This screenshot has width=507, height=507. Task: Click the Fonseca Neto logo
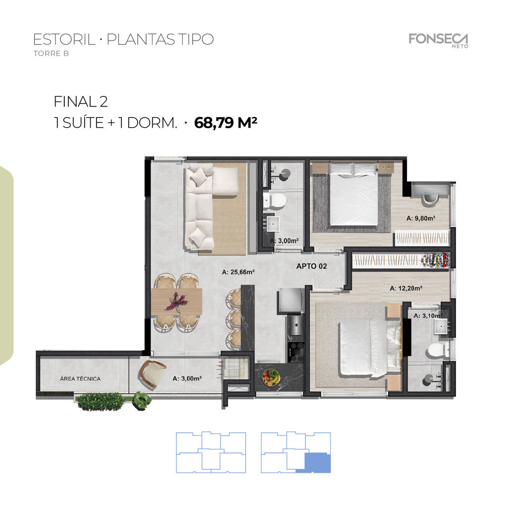click(x=439, y=41)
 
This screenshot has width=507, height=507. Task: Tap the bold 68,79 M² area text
click(x=225, y=123)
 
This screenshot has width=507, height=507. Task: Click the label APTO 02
click(x=311, y=266)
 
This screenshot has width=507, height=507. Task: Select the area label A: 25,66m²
click(x=238, y=272)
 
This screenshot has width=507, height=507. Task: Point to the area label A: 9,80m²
click(x=421, y=218)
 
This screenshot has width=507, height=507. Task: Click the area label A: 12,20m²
click(x=406, y=288)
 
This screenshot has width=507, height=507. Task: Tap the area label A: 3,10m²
click(x=427, y=315)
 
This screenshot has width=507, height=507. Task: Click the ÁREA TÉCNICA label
click(x=80, y=379)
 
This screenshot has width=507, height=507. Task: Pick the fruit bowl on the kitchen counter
click(x=271, y=377)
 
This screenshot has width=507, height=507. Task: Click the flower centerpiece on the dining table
click(x=176, y=302)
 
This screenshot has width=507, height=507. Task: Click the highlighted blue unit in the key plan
click(x=317, y=463)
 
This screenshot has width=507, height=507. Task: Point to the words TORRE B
click(x=51, y=53)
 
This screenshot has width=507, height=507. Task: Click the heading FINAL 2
click(x=81, y=101)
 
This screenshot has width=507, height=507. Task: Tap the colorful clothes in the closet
click(x=436, y=260)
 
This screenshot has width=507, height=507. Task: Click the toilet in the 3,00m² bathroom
click(x=274, y=201)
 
